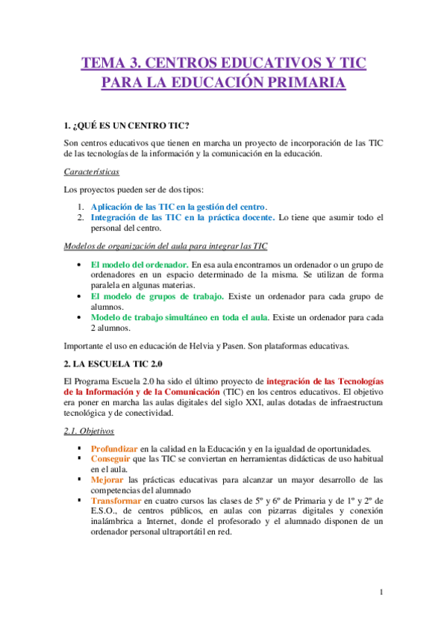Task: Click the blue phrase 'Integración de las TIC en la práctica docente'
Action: (181, 217)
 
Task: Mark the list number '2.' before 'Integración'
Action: (81, 217)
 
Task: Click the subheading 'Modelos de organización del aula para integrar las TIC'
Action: (166, 246)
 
